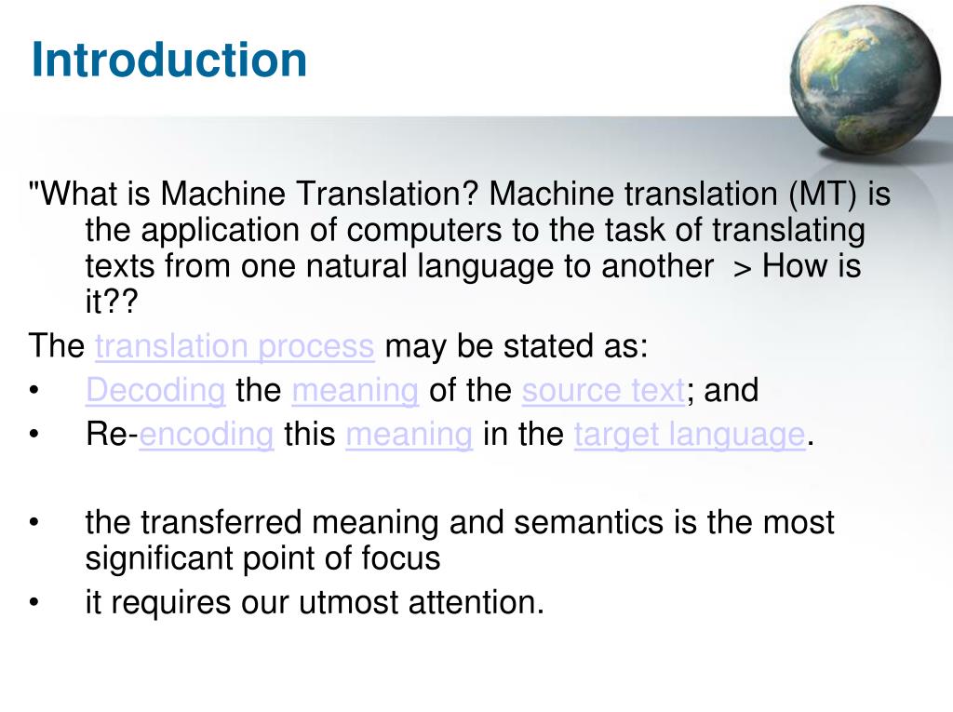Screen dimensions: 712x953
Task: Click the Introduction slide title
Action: (168, 60)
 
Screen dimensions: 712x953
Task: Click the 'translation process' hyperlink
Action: (235, 346)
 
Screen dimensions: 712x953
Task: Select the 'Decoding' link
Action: (155, 390)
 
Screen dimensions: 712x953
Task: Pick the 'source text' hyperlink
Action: (604, 390)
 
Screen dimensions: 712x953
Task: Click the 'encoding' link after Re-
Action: (207, 435)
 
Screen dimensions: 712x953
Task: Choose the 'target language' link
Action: (690, 435)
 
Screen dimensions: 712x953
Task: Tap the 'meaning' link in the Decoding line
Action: (355, 390)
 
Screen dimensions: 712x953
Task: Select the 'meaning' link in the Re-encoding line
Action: (409, 435)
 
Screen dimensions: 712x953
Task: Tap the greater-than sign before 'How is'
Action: (742, 267)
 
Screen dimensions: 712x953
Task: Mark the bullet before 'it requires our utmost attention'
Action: (34, 603)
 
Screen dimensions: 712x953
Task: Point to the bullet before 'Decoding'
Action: (34, 391)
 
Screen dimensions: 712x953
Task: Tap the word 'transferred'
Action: (222, 522)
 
